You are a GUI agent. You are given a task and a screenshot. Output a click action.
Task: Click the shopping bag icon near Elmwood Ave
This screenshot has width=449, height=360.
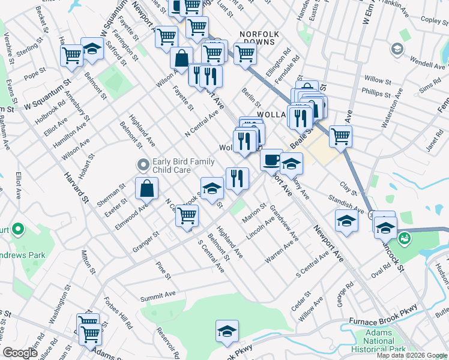[x=147, y=188]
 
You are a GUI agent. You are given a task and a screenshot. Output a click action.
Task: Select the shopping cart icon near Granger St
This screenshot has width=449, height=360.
[x=187, y=215]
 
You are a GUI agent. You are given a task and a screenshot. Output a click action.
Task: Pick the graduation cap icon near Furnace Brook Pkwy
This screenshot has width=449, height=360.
[x=228, y=331]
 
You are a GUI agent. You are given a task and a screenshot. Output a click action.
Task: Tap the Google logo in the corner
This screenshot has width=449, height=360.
[x=20, y=353]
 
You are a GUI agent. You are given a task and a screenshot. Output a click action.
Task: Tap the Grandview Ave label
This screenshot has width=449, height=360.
[x=285, y=223]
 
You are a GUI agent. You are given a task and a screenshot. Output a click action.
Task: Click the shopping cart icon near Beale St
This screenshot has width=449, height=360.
[x=340, y=136]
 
